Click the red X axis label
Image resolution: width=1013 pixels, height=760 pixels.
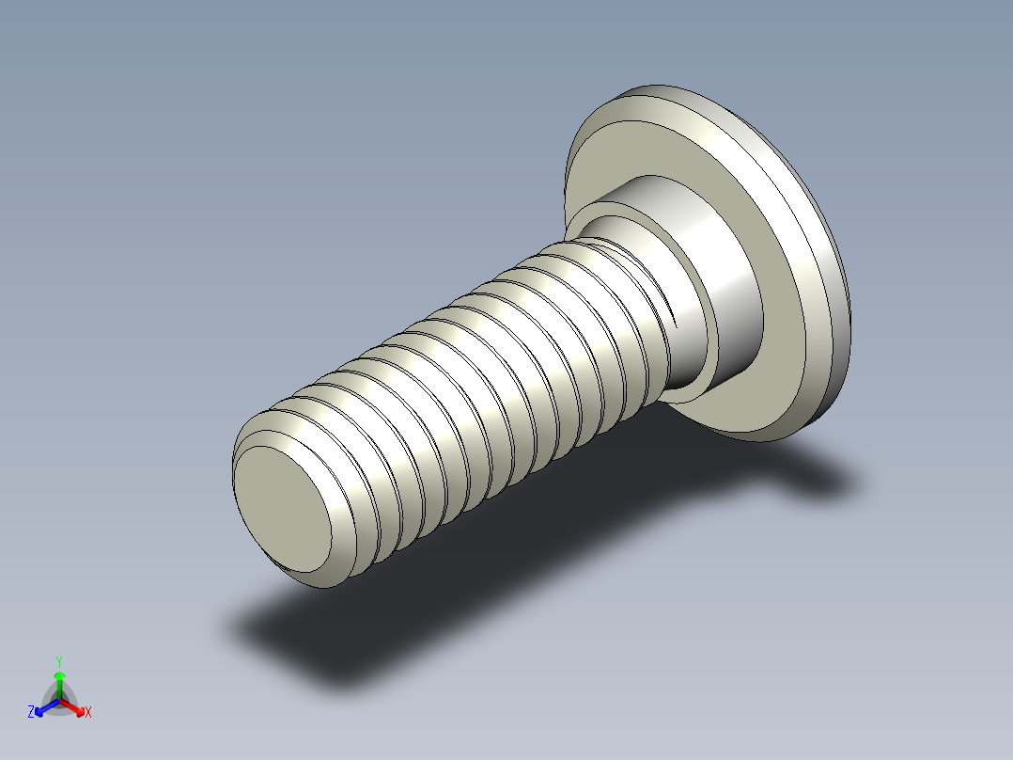click(88, 713)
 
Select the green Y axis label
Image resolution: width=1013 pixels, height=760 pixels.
click(59, 661)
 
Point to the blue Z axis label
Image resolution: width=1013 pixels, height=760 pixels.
click(31, 712)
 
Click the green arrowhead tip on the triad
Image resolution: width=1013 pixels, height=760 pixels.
click(59, 674)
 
